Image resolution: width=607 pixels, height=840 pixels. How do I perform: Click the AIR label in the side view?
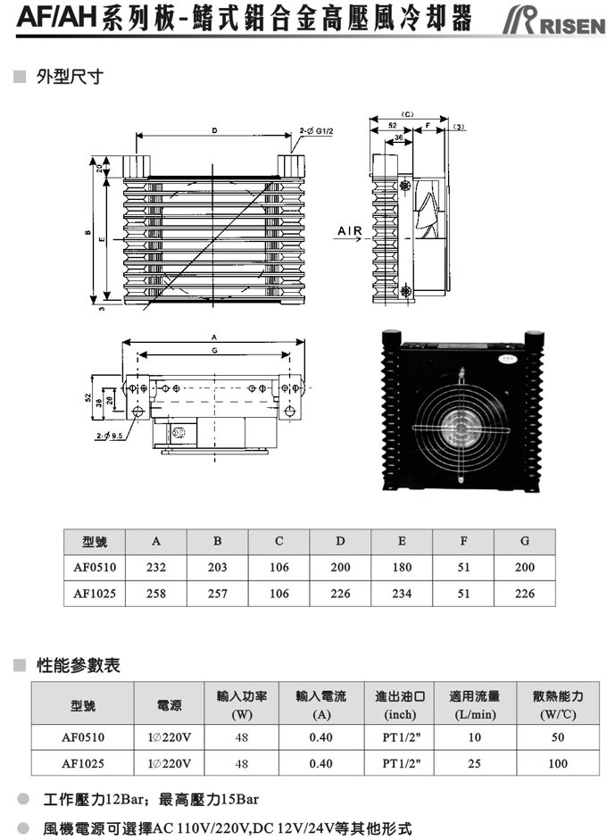350,232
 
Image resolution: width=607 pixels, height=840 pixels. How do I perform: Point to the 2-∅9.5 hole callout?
110,436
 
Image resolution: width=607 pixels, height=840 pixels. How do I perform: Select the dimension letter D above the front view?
215,131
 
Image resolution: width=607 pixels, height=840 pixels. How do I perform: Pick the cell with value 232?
156,567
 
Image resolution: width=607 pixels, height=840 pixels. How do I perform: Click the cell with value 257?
218,594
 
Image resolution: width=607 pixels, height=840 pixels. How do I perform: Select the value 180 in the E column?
402,567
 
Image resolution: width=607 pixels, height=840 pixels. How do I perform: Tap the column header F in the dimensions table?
463,541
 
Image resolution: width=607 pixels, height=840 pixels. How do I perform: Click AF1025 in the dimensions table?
95,594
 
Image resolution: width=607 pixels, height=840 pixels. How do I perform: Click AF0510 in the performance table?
83,737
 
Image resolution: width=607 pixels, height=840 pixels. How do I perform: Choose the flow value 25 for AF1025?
474,763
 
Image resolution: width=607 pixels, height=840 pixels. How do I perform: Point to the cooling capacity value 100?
558,763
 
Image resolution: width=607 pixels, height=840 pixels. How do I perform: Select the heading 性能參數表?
78,666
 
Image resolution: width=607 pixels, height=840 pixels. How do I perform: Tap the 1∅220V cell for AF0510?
169,737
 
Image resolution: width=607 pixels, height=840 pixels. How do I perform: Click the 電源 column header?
169,705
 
